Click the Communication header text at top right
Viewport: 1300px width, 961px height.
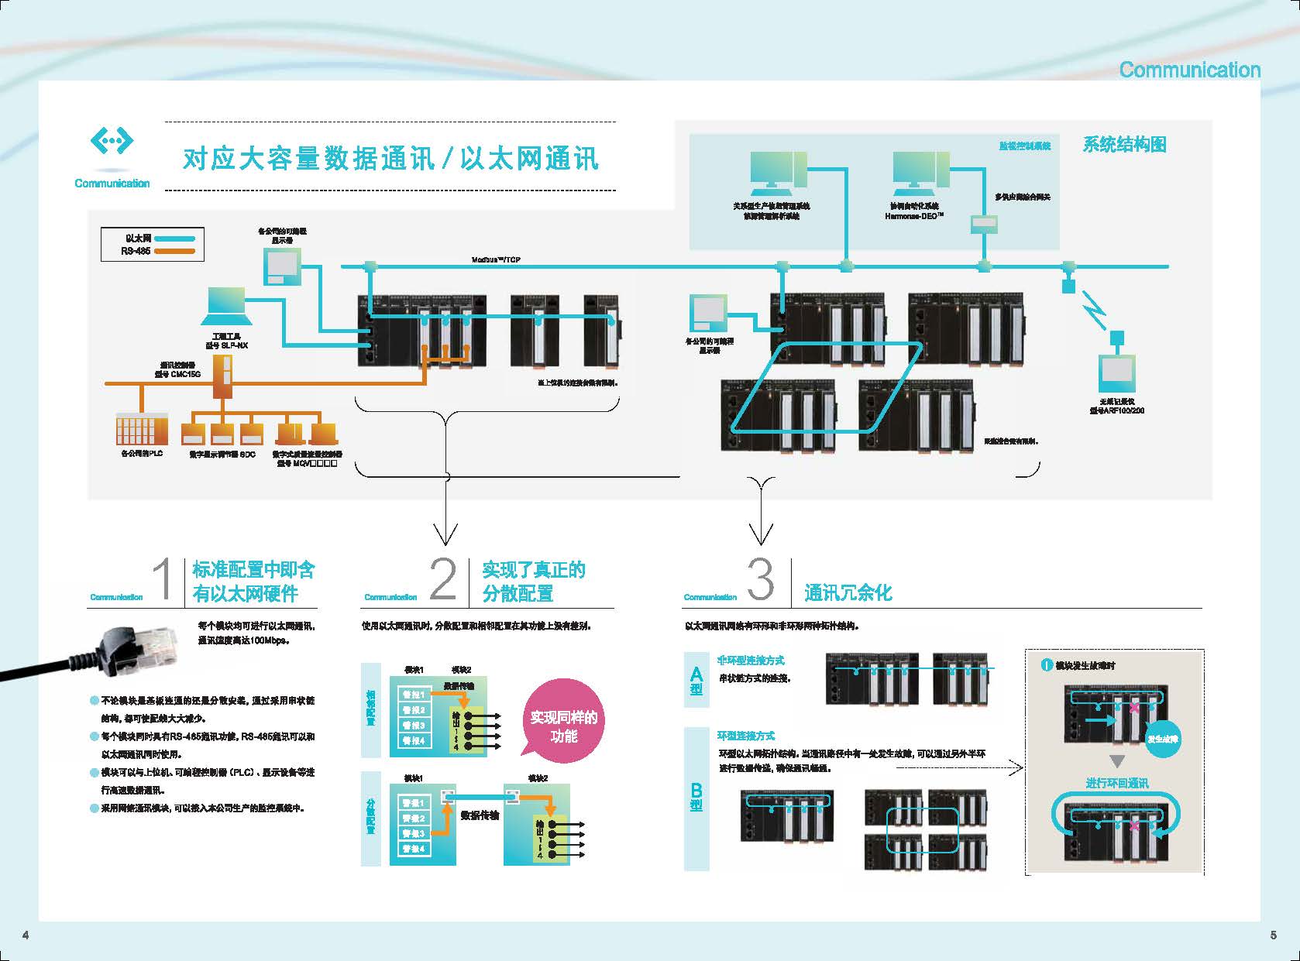point(1189,70)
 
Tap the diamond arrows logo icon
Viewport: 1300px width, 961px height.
point(112,141)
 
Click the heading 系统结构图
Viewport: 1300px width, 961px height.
point(1123,145)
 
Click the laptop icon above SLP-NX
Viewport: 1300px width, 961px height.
point(226,307)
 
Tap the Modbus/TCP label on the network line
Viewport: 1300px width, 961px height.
point(496,259)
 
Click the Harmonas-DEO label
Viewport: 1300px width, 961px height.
point(914,217)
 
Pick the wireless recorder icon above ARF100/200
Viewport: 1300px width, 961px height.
point(1116,376)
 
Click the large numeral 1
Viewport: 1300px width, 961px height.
point(163,580)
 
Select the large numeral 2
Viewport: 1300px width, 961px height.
point(442,580)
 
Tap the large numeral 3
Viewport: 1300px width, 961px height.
point(760,580)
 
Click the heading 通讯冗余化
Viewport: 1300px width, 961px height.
point(848,593)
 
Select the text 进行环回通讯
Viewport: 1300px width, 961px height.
point(1116,783)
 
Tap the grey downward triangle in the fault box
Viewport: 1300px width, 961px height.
point(1116,760)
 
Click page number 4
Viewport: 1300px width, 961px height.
point(26,935)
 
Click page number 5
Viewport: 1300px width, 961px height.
point(1274,935)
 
